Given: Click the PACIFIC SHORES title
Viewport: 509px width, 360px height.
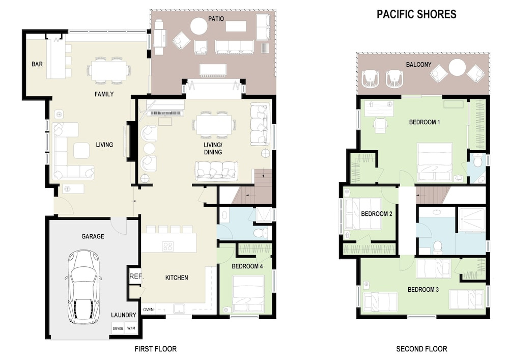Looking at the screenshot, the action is [416, 14].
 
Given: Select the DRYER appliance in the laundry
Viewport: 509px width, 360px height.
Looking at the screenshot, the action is [118, 328].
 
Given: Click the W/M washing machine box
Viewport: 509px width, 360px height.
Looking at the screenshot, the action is [131, 328].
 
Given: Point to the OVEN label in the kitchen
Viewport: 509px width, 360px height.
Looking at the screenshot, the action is [148, 310].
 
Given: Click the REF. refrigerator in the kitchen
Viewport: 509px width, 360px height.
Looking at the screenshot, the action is [136, 276].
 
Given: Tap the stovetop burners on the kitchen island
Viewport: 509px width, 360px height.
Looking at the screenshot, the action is [168, 246].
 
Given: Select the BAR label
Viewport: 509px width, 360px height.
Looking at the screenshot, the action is [37, 64].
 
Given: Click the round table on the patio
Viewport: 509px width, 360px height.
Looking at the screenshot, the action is [199, 26].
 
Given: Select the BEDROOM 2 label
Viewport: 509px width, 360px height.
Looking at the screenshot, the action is [377, 213].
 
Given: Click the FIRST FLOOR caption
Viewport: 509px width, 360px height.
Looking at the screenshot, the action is [155, 349].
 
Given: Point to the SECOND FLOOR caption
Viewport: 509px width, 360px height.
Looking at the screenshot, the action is [421, 349].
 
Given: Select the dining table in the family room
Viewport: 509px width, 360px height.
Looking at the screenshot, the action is [109, 70].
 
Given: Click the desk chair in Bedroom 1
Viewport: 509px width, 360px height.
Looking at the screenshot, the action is [380, 125].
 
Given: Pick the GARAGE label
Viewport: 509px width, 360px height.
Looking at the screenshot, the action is [93, 236].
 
